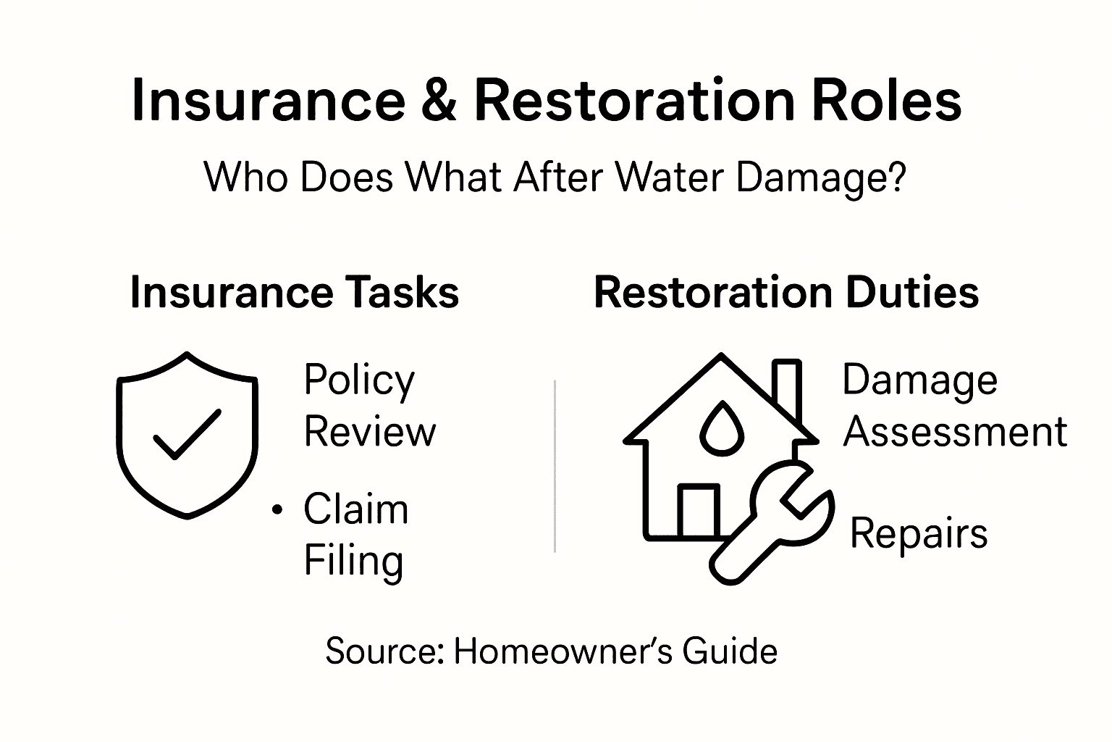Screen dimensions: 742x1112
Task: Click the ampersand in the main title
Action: tap(438, 100)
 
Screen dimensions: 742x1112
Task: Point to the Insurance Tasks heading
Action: tap(294, 293)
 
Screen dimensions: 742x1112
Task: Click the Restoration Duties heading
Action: tap(785, 293)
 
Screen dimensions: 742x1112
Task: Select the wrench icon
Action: tap(771, 522)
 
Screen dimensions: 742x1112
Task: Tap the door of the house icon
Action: tap(699, 511)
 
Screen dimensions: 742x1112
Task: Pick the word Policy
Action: tap(359, 380)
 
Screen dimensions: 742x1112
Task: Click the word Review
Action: tap(370, 432)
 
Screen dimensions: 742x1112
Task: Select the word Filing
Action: tap(353, 561)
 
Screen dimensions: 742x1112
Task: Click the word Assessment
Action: tap(955, 432)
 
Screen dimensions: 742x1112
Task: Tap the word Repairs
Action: tap(918, 535)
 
